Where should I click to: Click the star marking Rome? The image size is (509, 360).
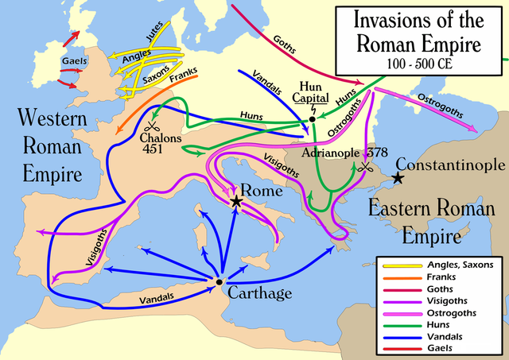coord(236,202)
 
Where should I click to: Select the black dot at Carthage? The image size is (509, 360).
coord(219,281)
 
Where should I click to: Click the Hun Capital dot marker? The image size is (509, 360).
coord(313,119)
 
